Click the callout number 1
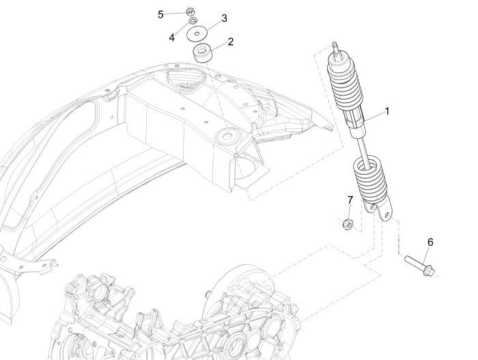(386, 111)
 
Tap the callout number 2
(230, 42)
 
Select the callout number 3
(224, 17)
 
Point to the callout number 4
(172, 37)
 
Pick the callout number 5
(161, 14)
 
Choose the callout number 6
(430, 242)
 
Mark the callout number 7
(350, 200)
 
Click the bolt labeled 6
(417, 262)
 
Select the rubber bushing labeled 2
(202, 53)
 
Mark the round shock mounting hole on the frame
(223, 137)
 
